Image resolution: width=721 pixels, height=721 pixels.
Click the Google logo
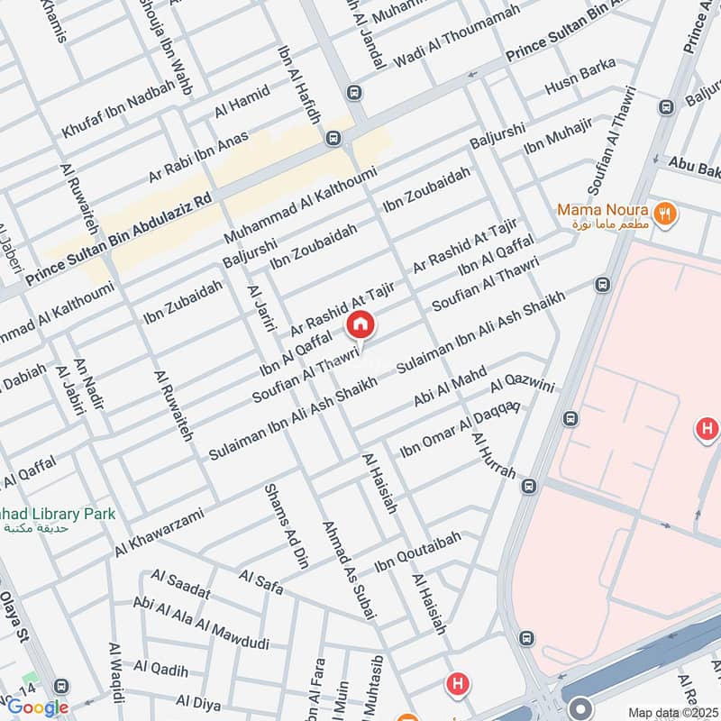coord(37,707)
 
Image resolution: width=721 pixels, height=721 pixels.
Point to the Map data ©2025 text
coord(671,712)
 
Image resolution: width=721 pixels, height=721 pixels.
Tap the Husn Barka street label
coord(581,78)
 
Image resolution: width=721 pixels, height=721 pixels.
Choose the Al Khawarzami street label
coord(160,532)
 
